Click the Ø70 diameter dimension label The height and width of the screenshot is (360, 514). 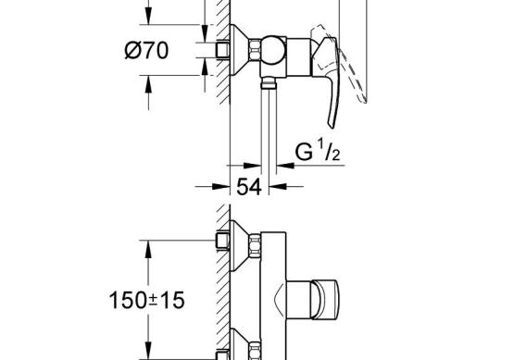pyautogui.click(x=146, y=51)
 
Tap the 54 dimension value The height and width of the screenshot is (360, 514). pyautogui.click(x=249, y=187)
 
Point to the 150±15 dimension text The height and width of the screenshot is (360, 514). pyautogui.click(x=146, y=301)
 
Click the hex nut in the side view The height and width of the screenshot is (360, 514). pyautogui.click(x=255, y=50)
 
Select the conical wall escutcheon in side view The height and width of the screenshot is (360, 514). pyautogui.click(x=239, y=50)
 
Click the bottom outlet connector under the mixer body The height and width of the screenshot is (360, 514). pyautogui.click(x=269, y=83)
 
